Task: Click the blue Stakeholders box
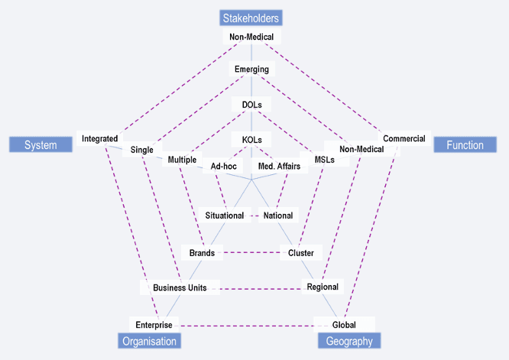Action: (251, 18)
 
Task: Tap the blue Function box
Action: (465, 145)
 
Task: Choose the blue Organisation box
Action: (149, 341)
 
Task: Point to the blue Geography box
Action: (349, 341)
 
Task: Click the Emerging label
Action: (251, 70)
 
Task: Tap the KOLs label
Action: (251, 141)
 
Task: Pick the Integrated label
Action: (100, 139)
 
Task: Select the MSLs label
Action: (324, 160)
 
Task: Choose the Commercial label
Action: (404, 138)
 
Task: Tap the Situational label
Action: (225, 216)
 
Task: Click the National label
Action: (278, 216)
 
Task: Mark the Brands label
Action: (203, 252)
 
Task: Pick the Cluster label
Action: (301, 252)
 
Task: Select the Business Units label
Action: (181, 287)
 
